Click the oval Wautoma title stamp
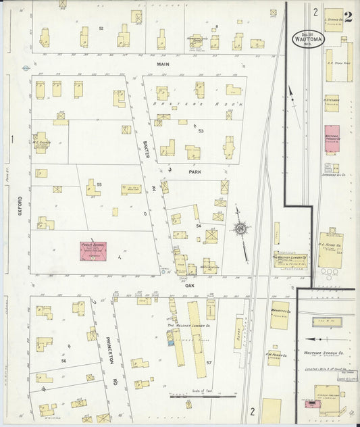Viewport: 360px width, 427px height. (x=309, y=39)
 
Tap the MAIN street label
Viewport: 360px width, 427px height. (x=162, y=64)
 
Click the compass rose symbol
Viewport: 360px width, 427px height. (x=239, y=230)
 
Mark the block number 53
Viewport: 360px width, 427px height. (x=201, y=130)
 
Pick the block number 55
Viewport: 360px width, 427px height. (x=99, y=184)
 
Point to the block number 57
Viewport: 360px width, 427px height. (x=209, y=363)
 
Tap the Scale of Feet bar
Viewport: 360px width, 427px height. (x=193, y=396)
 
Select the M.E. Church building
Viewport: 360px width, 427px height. (x=42, y=142)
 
